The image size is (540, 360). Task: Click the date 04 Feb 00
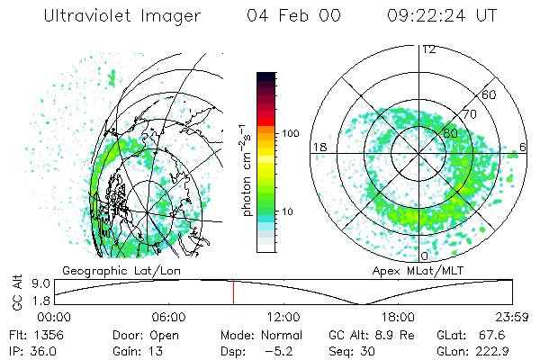click(x=290, y=16)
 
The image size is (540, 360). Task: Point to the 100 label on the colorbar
click(x=292, y=133)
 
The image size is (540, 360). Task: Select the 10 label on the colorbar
click(x=288, y=211)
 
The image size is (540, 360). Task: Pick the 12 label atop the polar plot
click(x=428, y=49)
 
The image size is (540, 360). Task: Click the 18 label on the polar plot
click(x=319, y=147)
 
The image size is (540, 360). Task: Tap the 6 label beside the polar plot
click(x=525, y=147)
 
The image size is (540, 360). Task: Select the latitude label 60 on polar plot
click(x=490, y=94)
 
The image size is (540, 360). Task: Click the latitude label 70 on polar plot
click(x=470, y=114)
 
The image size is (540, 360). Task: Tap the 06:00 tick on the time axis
click(x=169, y=317)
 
